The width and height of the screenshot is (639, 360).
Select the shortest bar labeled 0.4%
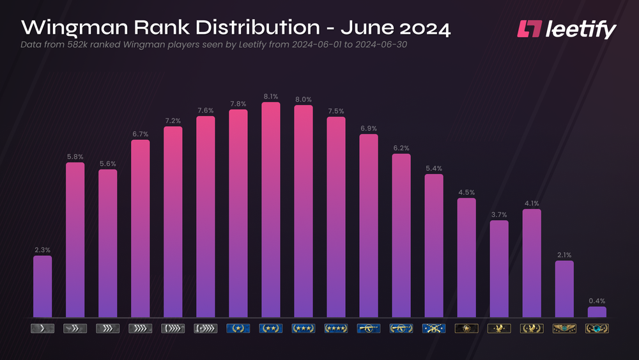[597, 312]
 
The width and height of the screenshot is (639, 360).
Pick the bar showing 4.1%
[532, 263]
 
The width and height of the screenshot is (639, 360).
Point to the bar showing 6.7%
[140, 228]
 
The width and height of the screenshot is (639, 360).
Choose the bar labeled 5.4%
[434, 246]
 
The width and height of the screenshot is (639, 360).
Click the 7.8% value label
[238, 104]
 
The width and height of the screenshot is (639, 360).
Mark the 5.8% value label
[75, 157]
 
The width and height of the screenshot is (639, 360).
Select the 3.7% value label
[499, 215]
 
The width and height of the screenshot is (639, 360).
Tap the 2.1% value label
[564, 254]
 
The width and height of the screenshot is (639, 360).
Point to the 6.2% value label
[401, 148]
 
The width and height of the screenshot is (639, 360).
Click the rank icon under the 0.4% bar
[597, 329]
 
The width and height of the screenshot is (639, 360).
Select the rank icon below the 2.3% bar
[42, 329]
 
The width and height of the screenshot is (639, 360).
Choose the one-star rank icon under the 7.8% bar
[238, 329]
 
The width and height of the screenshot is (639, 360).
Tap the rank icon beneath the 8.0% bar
[303, 329]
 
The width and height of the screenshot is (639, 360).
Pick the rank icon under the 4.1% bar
[532, 329]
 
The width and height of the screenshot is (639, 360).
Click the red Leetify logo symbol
[529, 29]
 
